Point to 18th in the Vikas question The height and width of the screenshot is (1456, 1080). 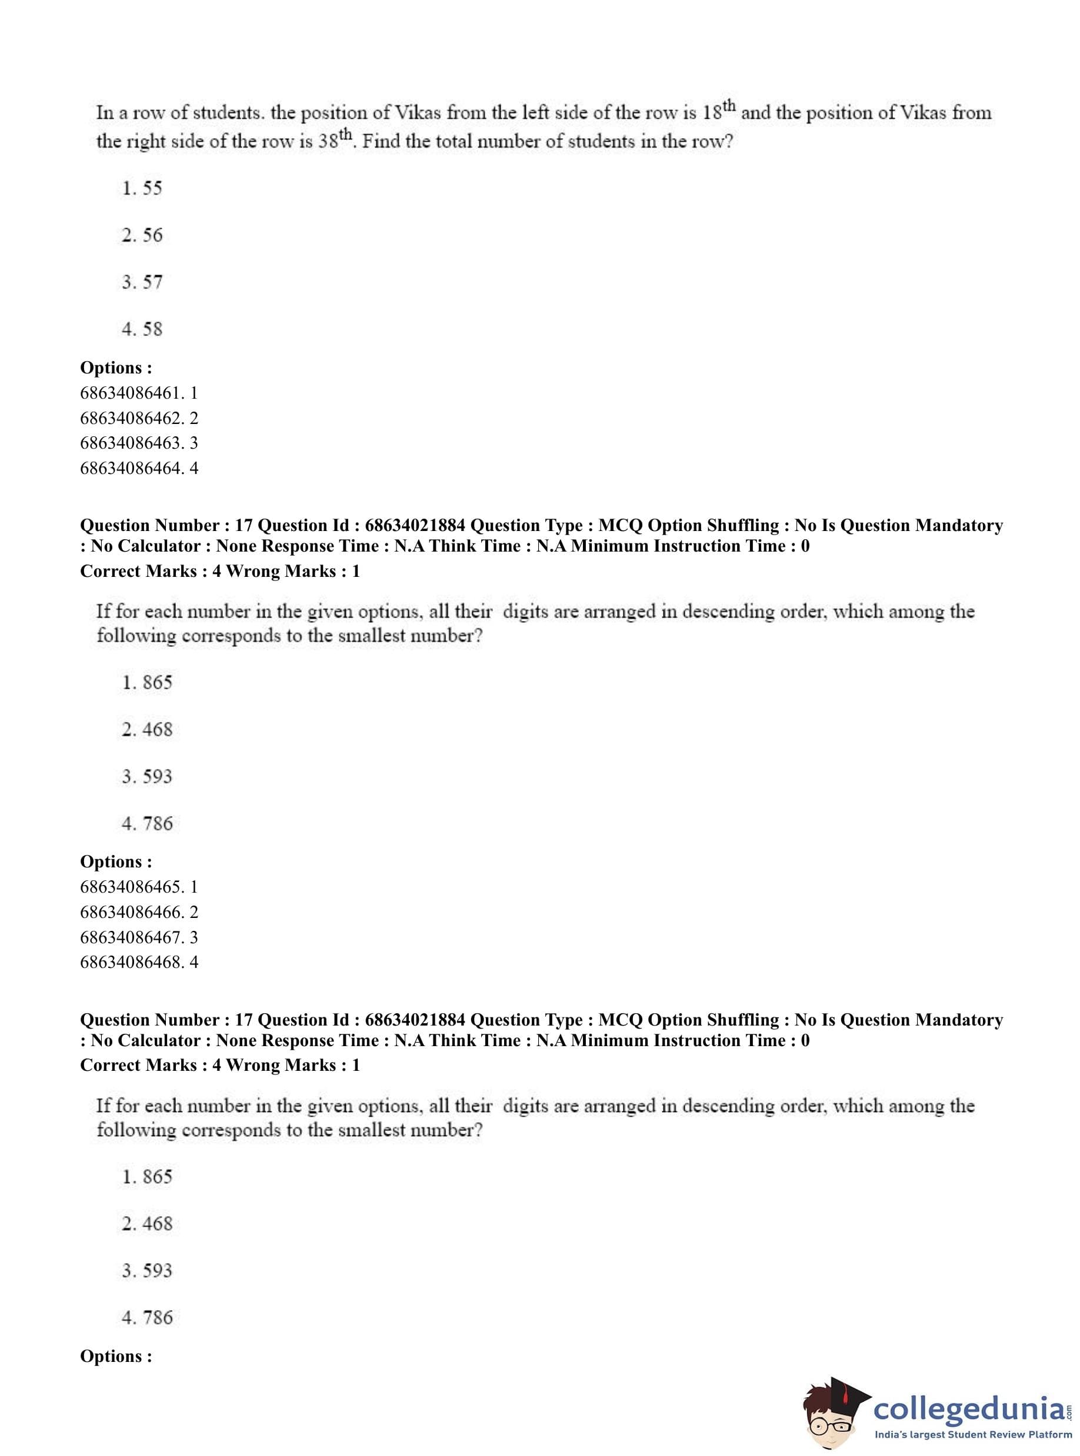[x=719, y=111]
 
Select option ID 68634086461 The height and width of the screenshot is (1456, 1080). [x=139, y=393]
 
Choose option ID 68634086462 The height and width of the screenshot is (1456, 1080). [x=139, y=418]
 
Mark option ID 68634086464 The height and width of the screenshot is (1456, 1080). [x=139, y=469]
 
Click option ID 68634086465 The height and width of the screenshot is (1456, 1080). [x=139, y=887]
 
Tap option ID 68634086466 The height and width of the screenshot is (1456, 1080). [x=139, y=912]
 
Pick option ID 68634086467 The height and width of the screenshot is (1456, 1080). [x=139, y=938]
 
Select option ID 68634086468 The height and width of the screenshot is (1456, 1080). [x=139, y=963]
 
